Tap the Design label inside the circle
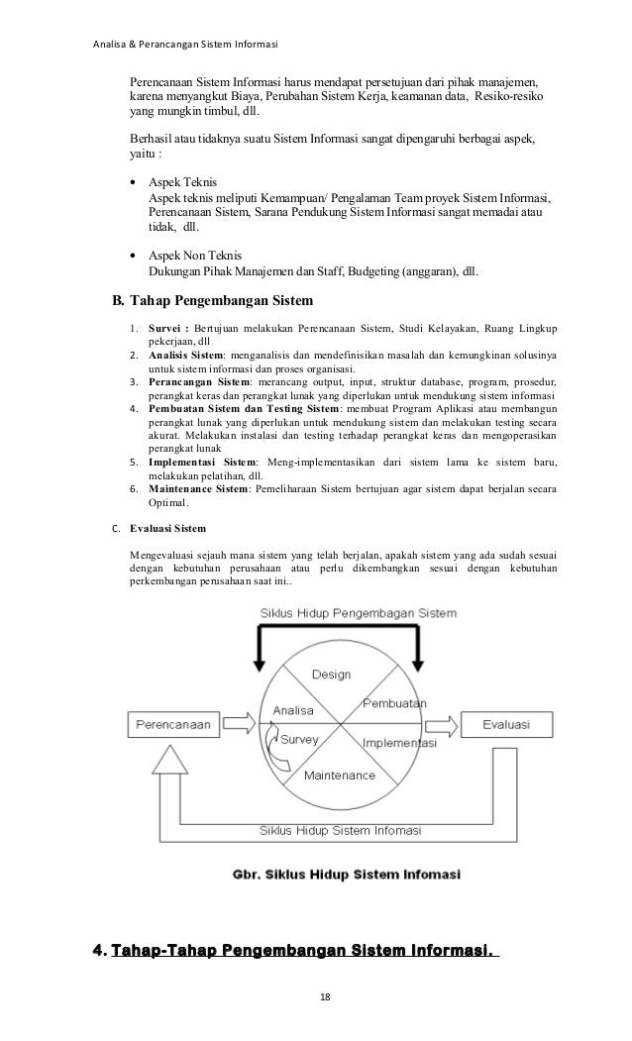pyautogui.click(x=331, y=675)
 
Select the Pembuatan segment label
pyautogui.click(x=394, y=702)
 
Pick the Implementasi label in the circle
pyautogui.click(x=400, y=743)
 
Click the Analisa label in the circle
pyautogui.click(x=292, y=710)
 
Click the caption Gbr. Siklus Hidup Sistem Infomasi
pyautogui.click(x=353, y=875)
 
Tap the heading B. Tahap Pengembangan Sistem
pyautogui.click(x=214, y=300)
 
